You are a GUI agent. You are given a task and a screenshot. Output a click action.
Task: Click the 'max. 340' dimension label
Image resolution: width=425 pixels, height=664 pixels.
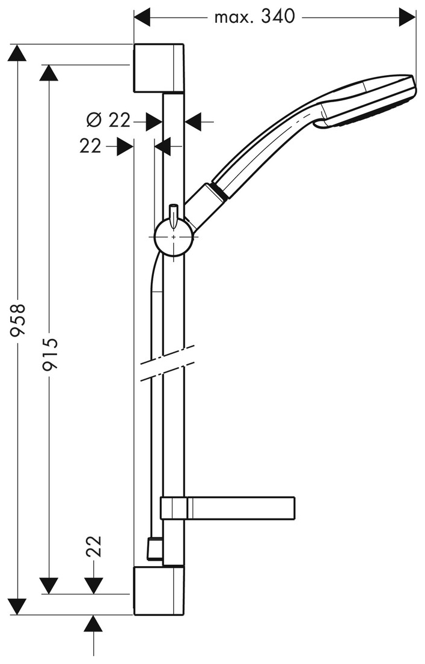255,17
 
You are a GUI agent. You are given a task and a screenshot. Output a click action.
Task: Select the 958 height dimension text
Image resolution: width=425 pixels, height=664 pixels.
20,323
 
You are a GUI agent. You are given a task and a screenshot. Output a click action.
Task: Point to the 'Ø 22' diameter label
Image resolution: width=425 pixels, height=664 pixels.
108,121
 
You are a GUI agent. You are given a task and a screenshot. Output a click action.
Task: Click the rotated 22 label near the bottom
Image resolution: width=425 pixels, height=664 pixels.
94,546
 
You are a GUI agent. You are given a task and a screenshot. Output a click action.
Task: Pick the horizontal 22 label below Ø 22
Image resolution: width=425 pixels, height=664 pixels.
91,145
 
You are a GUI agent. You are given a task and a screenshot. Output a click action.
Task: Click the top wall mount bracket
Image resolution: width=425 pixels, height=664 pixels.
157,68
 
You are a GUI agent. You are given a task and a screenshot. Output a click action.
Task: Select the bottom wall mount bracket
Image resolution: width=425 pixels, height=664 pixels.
157,590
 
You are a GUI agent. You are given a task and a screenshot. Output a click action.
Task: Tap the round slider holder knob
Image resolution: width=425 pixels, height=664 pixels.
174,237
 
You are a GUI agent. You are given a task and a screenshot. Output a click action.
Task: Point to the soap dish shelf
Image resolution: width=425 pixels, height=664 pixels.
240,508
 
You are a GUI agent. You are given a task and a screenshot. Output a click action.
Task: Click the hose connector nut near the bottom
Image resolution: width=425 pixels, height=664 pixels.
154,549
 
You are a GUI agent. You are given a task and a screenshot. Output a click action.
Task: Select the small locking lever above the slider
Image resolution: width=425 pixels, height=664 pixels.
173,213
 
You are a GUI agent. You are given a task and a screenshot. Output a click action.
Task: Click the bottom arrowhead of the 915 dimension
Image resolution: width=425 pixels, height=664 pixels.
49,585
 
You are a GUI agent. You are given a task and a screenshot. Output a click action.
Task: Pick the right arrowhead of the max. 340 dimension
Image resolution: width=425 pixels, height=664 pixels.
408,17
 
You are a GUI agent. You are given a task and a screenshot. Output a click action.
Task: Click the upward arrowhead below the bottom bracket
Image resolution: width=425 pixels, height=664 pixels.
93,623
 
